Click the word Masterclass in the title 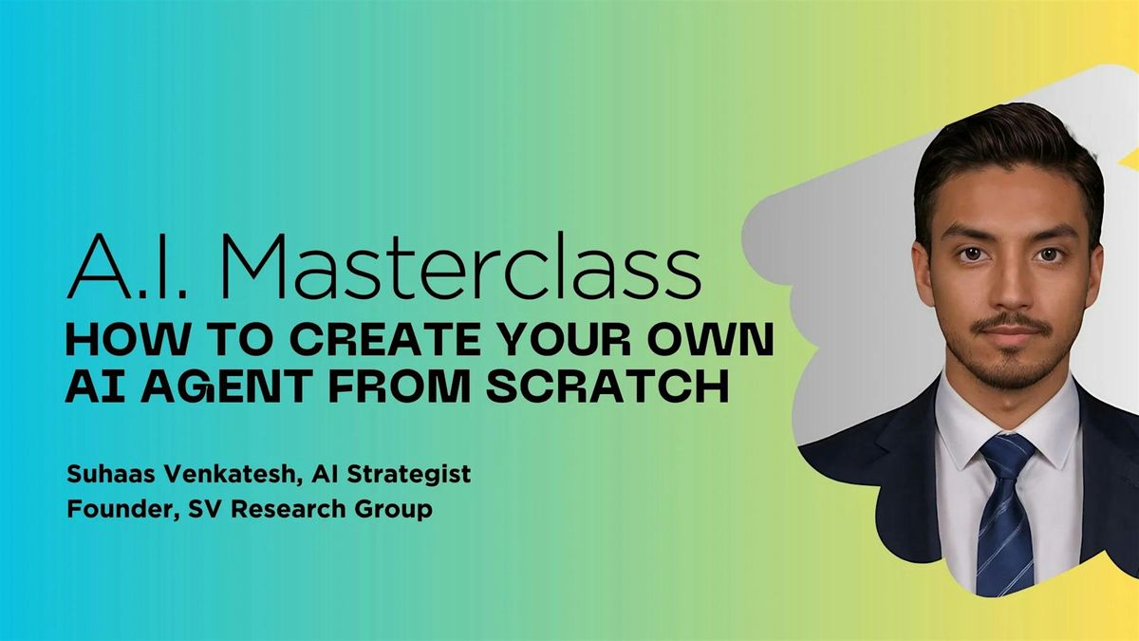461,266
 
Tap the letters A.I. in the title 127,266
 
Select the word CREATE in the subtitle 385,340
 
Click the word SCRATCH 608,386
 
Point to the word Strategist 409,475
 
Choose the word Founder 123,510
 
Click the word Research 289,509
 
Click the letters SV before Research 206,509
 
